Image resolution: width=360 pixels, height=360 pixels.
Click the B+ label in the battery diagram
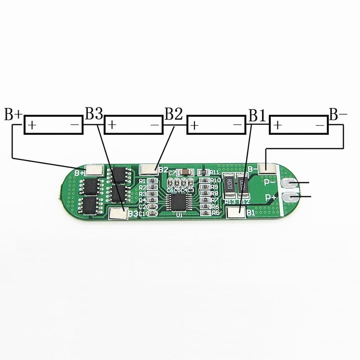tap(13, 115)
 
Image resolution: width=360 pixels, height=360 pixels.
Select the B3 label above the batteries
tap(94, 114)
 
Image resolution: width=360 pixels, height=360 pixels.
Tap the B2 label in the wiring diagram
tap(174, 114)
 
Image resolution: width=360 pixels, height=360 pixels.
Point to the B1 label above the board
tap(257, 116)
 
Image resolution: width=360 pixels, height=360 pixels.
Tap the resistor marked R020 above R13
tap(229, 185)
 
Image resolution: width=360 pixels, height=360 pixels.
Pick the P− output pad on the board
tap(289, 183)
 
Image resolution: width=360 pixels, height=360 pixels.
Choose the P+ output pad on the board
tap(289, 196)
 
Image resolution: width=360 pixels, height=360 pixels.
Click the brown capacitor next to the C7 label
tap(183, 171)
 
